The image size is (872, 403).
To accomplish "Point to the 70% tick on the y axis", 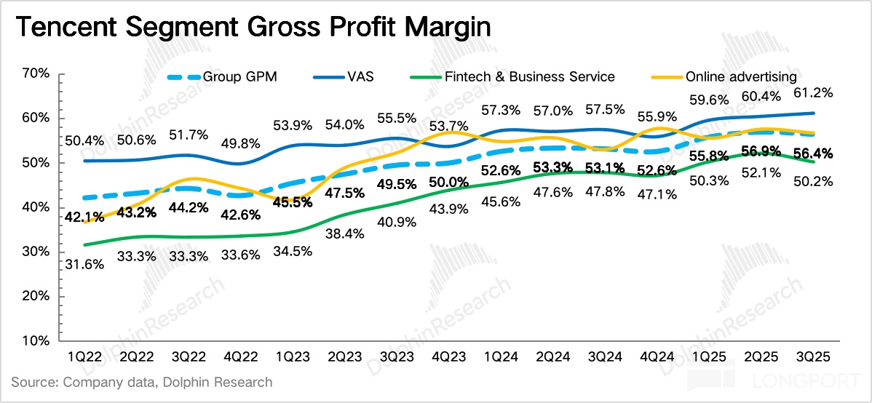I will coord(36,73).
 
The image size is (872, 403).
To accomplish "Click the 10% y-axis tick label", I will coord(36,340).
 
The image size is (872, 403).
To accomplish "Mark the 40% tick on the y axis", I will coord(36,207).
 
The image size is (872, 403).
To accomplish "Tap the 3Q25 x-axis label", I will coord(813,358).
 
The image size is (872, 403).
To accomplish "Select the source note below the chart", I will coord(143,382).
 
